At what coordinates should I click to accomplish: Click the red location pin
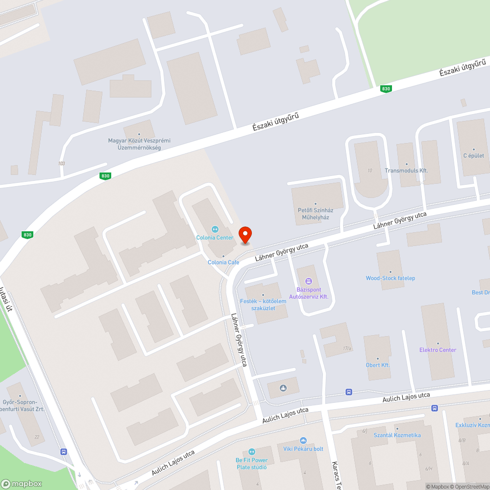coord(245,235)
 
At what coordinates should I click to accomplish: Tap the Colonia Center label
coord(215,238)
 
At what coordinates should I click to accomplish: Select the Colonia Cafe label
coord(223,262)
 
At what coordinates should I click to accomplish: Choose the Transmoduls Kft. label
coord(406,171)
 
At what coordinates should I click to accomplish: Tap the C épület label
coord(474,155)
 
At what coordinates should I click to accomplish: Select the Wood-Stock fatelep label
coord(391,278)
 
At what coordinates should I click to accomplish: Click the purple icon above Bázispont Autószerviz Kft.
coord(308,281)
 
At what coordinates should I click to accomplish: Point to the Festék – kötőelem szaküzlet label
coord(263,304)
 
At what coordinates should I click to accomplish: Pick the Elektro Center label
coord(438,349)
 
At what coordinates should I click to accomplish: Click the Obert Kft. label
coord(378,365)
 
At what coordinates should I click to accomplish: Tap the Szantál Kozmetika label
coord(397,435)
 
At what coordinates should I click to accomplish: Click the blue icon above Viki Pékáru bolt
coord(303,441)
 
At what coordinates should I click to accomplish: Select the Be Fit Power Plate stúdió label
coord(252,464)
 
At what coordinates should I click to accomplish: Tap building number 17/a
coord(347,349)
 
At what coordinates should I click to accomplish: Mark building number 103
coord(61,164)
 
